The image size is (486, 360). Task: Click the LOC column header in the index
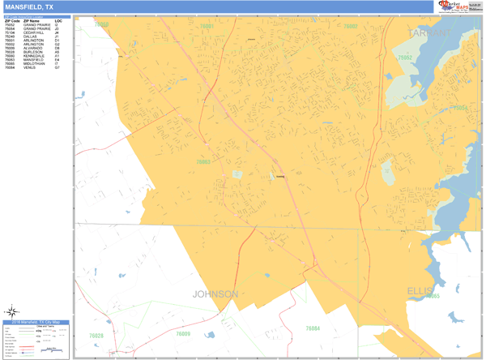point(58,20)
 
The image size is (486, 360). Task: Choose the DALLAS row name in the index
point(30,36)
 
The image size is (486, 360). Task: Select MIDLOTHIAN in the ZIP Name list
point(34,65)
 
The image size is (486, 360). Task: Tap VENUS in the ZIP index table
point(29,69)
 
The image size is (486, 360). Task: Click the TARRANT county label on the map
point(430,33)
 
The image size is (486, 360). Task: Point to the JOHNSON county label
point(215,294)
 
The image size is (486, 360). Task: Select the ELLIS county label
point(420,289)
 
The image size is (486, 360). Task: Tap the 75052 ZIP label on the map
point(405,58)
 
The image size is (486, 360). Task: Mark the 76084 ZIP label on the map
point(313,328)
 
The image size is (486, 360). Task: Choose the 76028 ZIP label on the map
point(96,335)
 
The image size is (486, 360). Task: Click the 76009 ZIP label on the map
point(183,333)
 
